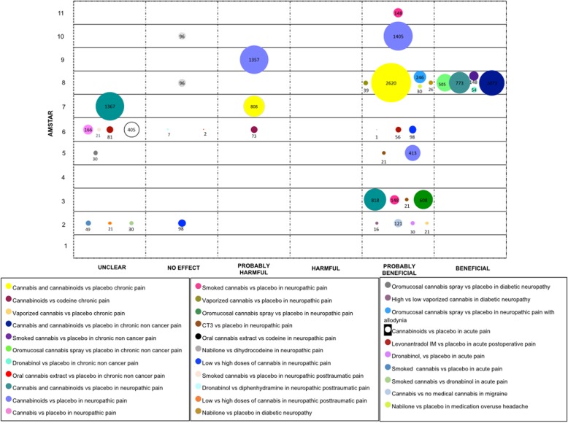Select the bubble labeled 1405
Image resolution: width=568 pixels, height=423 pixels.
coord(398,36)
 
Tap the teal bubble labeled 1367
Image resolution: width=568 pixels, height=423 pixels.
coord(110,106)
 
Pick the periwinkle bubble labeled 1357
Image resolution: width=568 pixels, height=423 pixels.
coord(253,60)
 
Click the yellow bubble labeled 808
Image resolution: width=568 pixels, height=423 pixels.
coord(253,106)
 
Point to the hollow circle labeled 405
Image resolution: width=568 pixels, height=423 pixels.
coord(131,130)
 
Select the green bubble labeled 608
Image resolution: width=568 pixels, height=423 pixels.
coord(423,199)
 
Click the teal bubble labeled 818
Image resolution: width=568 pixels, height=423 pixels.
coord(376,199)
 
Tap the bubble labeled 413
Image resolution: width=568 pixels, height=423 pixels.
coord(412,153)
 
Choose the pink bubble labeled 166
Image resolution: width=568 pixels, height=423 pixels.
coord(88,130)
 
